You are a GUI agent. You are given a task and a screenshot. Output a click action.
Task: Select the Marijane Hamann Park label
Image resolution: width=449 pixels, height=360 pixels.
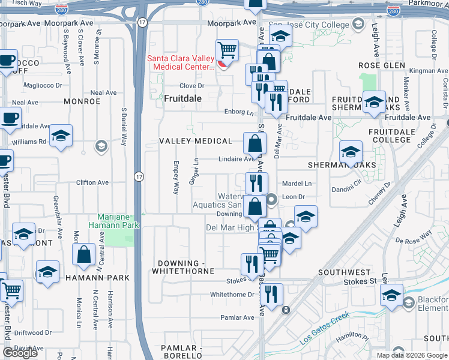click(x=119, y=221)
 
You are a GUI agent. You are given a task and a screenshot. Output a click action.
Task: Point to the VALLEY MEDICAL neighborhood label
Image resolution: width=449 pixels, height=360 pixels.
click(x=196, y=141)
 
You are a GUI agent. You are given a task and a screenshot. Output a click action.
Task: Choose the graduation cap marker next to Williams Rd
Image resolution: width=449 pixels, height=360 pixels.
click(x=61, y=136)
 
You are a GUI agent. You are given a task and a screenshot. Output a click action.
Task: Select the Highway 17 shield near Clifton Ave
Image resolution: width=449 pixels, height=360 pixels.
click(x=139, y=176)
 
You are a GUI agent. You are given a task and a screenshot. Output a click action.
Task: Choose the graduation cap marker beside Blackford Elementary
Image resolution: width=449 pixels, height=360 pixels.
click(x=392, y=295)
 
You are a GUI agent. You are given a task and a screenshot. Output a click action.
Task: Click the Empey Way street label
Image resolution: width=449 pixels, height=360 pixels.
click(x=176, y=178)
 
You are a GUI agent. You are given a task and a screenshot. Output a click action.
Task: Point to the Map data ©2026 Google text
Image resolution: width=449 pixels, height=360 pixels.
click(x=412, y=355)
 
